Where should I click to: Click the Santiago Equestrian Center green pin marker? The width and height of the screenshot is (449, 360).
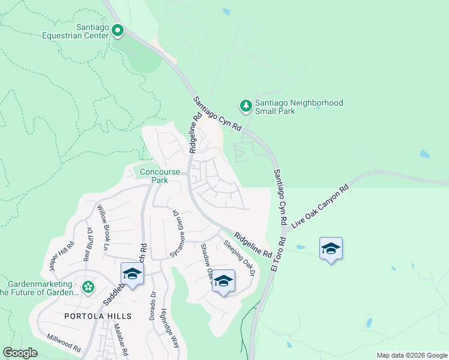(118, 29)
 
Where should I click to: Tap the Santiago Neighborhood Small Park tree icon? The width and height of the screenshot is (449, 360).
(246, 106)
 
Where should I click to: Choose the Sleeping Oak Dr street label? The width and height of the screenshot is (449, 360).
(240, 258)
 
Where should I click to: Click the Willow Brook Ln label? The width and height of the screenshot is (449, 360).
(104, 227)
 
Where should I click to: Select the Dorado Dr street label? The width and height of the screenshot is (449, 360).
(153, 305)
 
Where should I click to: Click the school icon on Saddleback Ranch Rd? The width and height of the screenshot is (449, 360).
(132, 275)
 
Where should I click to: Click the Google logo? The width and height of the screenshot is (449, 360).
(20, 353)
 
